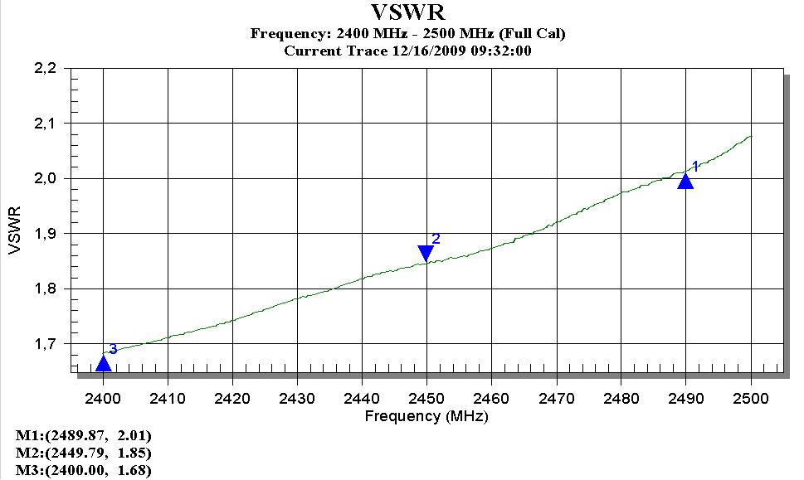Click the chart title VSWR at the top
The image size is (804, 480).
[x=407, y=13]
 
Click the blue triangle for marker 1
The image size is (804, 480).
[x=685, y=182]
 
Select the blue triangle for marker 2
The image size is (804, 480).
[x=426, y=253]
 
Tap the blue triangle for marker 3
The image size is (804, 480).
[x=103, y=363]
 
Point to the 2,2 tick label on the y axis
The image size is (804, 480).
[x=45, y=68]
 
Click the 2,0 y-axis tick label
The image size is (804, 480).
[x=45, y=178]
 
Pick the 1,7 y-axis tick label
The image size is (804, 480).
[x=45, y=343]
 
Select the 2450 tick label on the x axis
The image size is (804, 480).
[x=426, y=398]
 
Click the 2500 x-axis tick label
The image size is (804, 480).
[x=751, y=398]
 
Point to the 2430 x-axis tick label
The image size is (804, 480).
[x=297, y=398]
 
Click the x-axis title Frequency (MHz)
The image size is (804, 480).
[x=426, y=415]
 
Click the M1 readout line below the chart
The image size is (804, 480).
[x=84, y=435]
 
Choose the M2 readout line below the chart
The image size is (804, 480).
[x=84, y=453]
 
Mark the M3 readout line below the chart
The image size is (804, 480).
[x=84, y=471]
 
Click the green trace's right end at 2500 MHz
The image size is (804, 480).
[x=751, y=136]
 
